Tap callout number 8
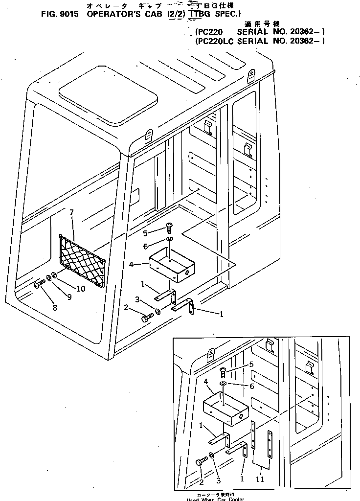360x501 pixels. point(54,308)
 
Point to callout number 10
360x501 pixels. point(80,289)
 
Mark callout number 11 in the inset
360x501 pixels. point(260,479)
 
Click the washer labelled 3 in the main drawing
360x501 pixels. point(158,312)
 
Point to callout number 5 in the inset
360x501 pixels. point(251,364)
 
